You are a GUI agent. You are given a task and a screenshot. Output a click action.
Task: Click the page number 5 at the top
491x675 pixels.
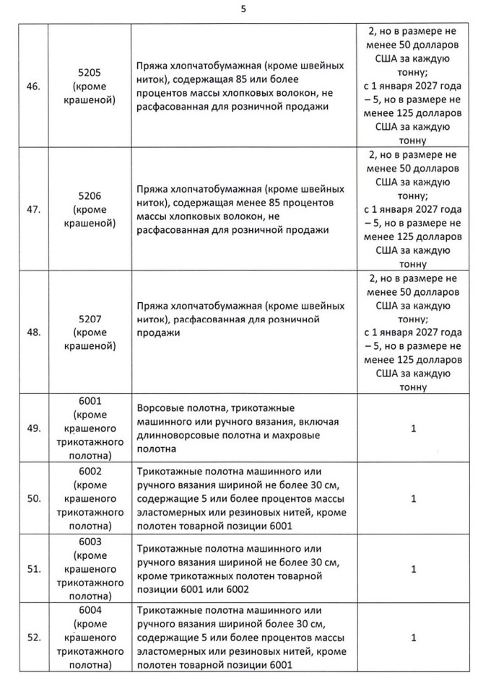coord(243,10)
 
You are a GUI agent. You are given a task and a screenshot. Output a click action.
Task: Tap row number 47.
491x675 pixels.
coord(32,210)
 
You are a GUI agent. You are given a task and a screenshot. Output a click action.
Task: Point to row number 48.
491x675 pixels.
coord(32,333)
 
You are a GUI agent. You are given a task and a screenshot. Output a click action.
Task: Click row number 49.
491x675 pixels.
coord(32,428)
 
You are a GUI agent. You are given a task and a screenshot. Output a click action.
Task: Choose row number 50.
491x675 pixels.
coord(32,498)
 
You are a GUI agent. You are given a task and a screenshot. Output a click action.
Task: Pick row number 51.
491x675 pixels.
coord(32,569)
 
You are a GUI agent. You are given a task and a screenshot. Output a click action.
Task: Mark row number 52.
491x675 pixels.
coord(32,637)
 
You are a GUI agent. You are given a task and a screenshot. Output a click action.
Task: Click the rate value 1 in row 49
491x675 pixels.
coord(413,428)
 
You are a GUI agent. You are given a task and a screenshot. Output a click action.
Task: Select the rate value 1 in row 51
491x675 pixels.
coord(413,569)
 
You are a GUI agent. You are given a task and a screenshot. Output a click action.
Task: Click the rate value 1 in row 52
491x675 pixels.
coord(413,637)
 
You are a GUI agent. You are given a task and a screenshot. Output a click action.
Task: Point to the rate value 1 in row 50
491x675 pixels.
coord(413,498)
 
